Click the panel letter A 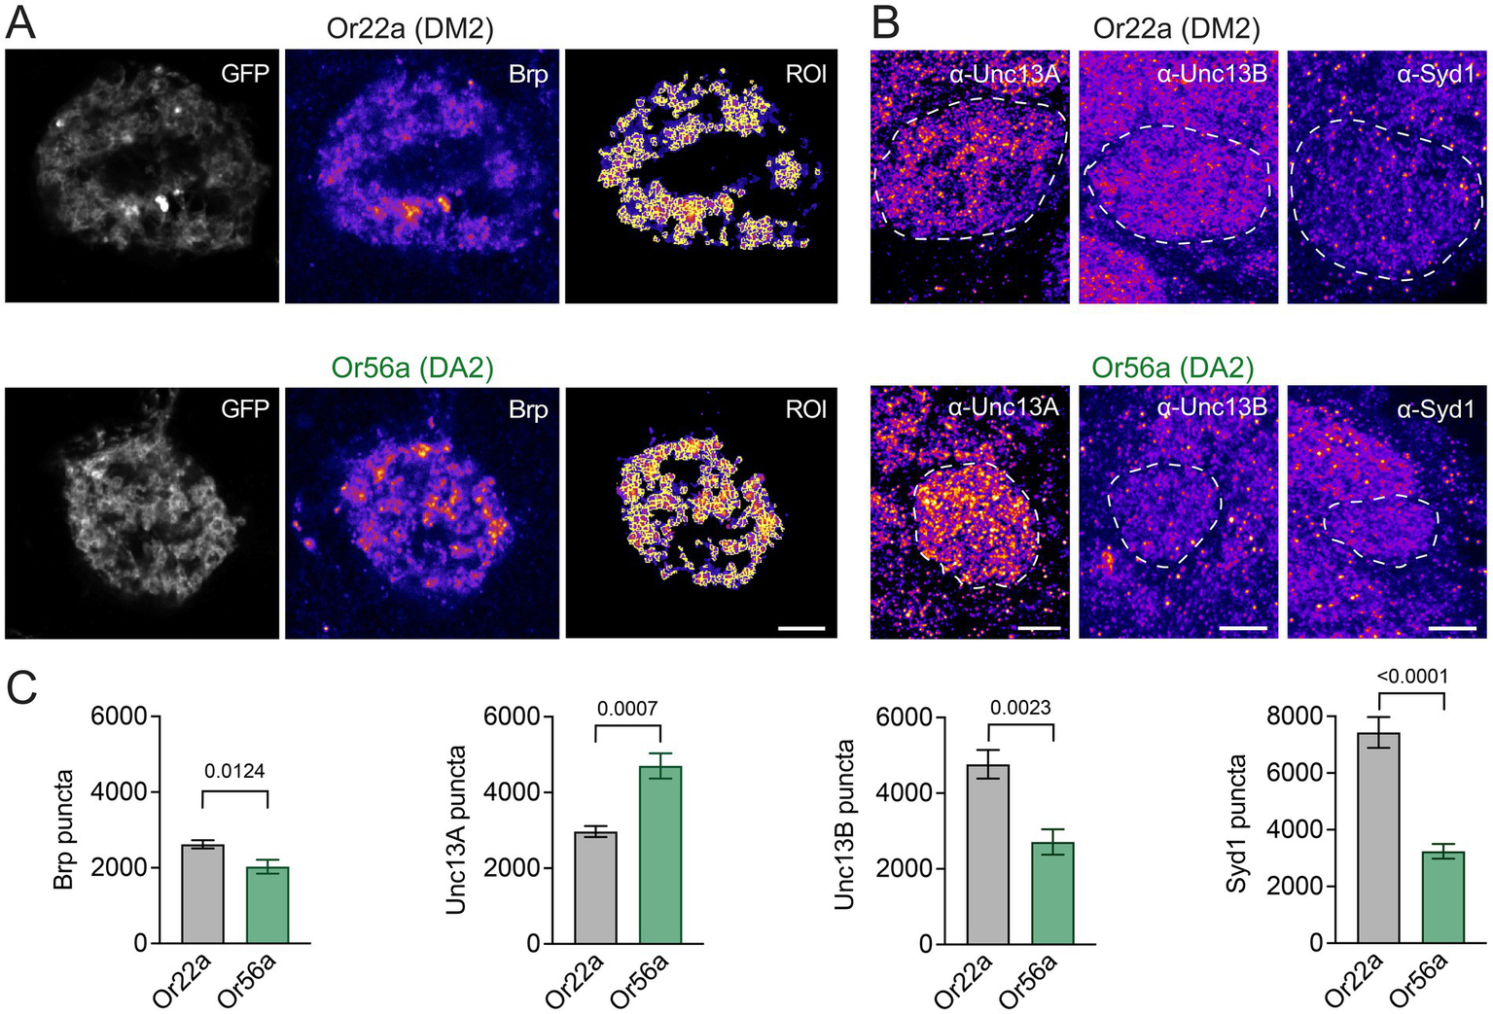click(x=20, y=23)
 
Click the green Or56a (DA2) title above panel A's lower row click(x=412, y=367)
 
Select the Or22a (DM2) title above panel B click(x=1176, y=28)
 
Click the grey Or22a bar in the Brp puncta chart click(x=202, y=893)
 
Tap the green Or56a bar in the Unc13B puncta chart click(x=1053, y=893)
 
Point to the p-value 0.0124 click(x=234, y=771)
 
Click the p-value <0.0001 click(x=1412, y=676)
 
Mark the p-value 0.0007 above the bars click(x=627, y=708)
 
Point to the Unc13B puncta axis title click(x=844, y=824)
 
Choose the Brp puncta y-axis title click(x=64, y=829)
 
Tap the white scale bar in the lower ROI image click(x=801, y=628)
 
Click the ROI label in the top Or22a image click(x=806, y=74)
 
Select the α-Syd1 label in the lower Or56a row click(x=1436, y=409)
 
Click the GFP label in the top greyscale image click(x=245, y=73)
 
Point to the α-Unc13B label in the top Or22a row click(x=1212, y=73)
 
